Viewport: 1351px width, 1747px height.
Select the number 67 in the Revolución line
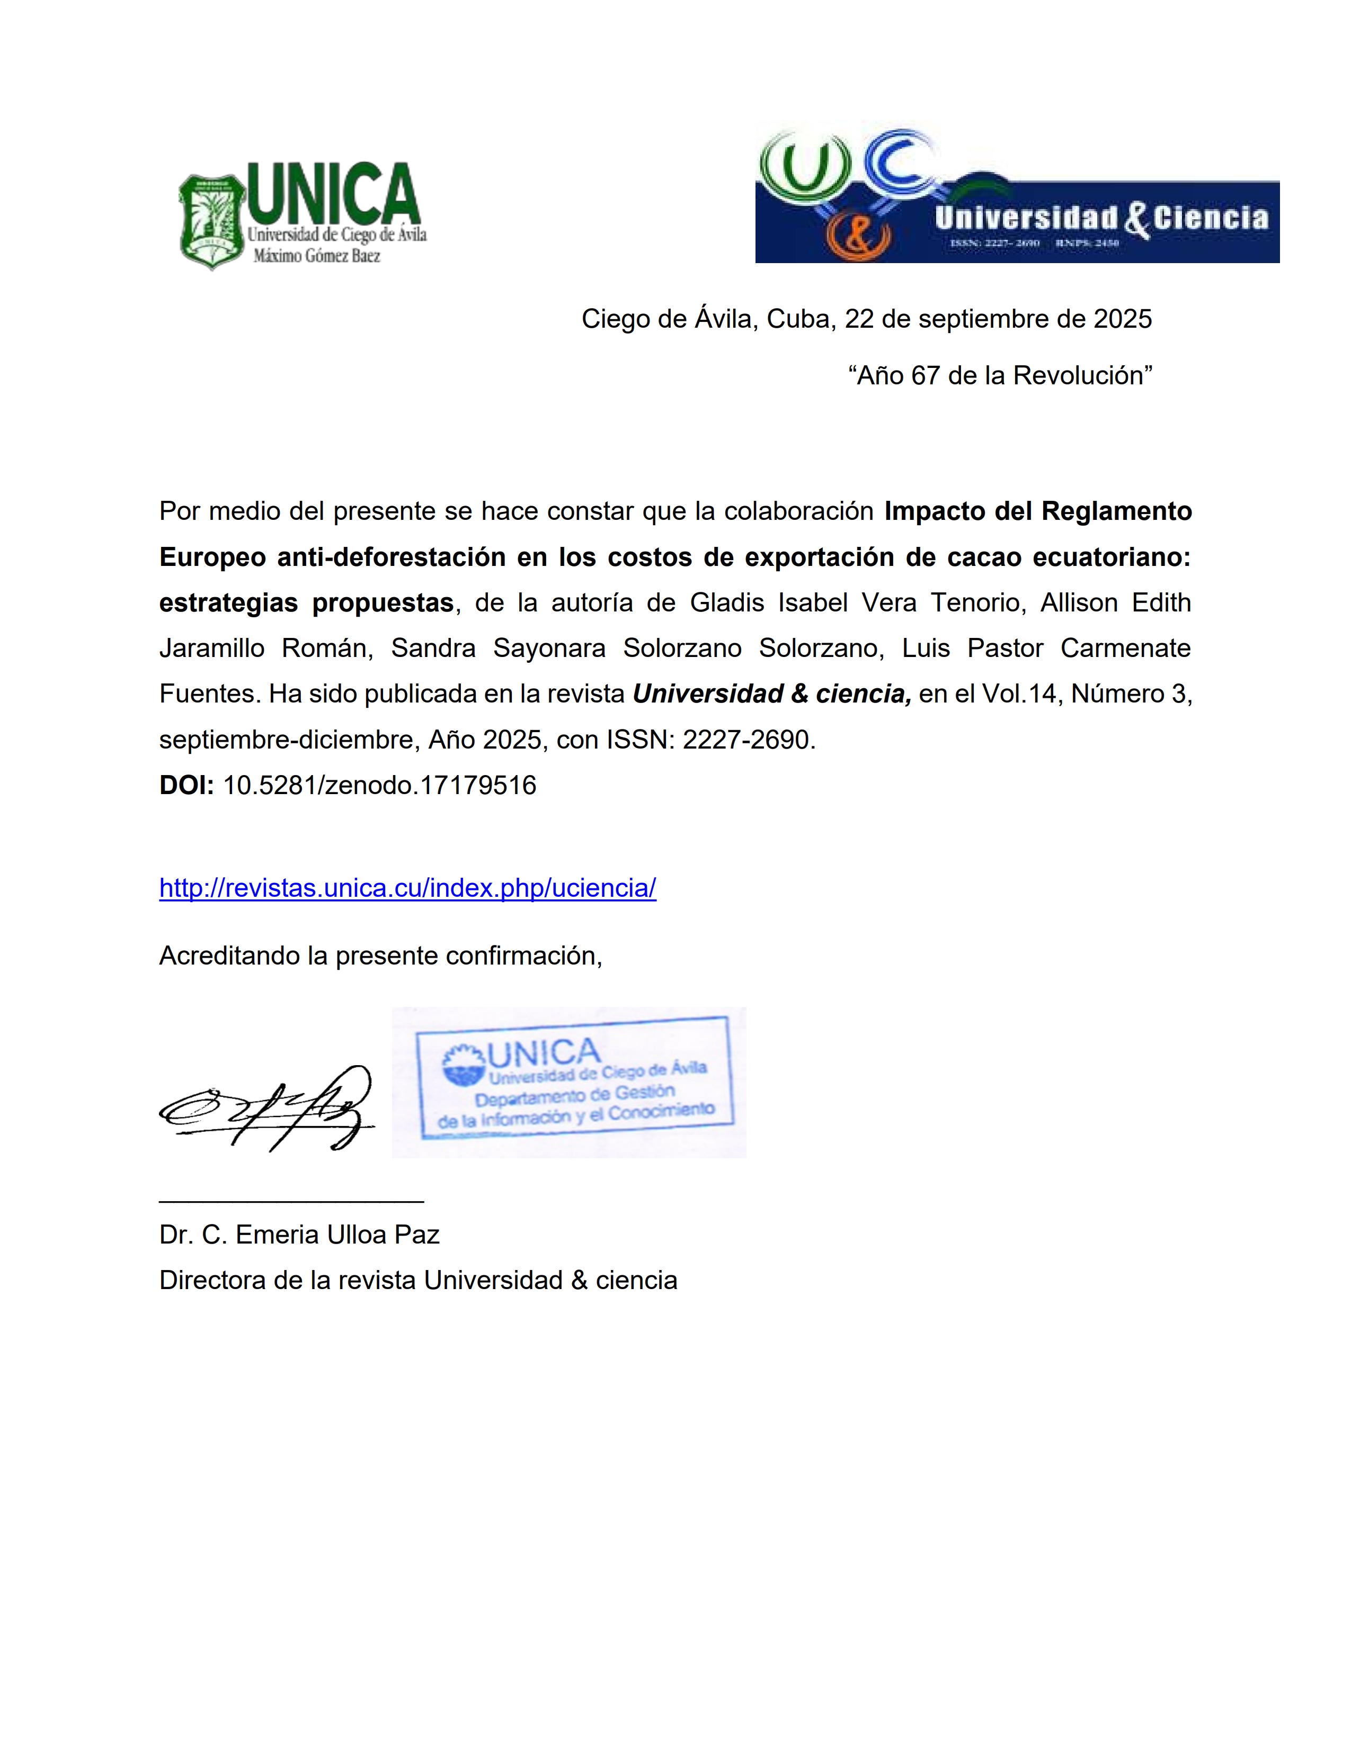pos(925,375)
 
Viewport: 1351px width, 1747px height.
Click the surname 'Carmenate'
pos(1125,648)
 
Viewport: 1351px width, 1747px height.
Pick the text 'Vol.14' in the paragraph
pos(1020,694)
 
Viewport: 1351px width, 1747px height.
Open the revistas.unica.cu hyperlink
pos(407,888)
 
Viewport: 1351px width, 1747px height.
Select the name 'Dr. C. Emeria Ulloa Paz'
pos(299,1234)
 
